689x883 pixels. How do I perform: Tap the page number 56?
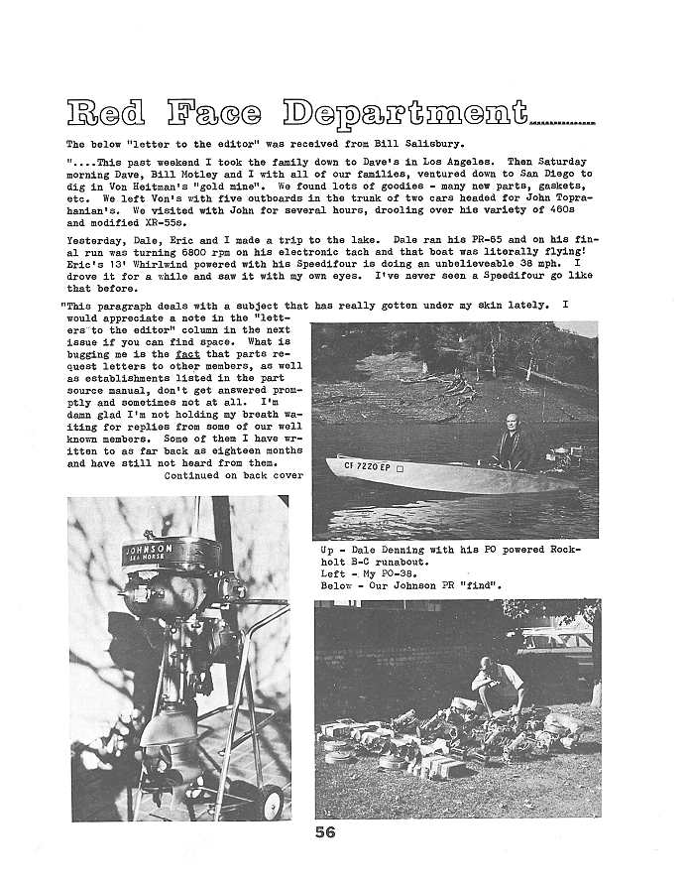tap(326, 832)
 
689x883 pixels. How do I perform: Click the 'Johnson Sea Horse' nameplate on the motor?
tap(149, 552)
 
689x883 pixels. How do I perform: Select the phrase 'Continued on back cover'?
tap(234, 475)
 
